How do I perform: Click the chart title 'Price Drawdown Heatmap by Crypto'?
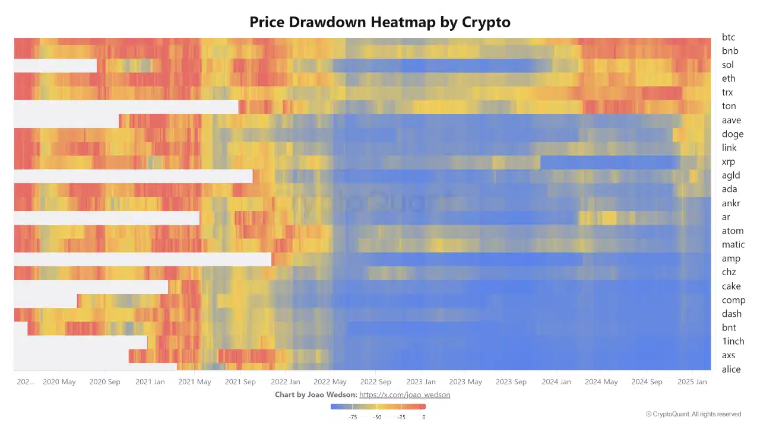[380, 23]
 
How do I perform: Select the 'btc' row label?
[729, 37]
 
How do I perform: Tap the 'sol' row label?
[728, 65]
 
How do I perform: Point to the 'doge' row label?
[733, 134]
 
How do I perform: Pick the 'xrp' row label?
[729, 162]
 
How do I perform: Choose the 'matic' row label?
[733, 244]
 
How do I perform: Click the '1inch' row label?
[733, 341]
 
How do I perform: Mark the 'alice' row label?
[731, 369]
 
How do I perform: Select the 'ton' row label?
[729, 106]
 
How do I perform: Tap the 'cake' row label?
[731, 286]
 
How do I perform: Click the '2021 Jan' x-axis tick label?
[150, 382]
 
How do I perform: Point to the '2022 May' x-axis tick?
[330, 382]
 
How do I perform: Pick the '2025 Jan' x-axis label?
[692, 382]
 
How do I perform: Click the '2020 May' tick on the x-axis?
[59, 382]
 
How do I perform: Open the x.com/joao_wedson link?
[404, 395]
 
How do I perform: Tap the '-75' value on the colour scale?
[353, 417]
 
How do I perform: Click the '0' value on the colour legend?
[424, 417]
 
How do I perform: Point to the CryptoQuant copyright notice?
[693, 414]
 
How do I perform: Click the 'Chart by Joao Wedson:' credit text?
[315, 395]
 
